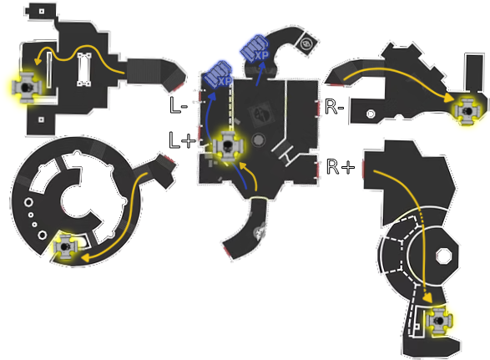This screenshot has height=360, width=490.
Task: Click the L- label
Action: (179, 105)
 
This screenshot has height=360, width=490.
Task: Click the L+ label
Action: (182, 140)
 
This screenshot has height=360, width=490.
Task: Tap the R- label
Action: (335, 107)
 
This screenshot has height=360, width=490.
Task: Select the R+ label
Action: (341, 166)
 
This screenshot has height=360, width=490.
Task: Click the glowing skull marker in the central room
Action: (228, 146)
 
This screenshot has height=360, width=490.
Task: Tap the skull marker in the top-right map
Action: (467, 111)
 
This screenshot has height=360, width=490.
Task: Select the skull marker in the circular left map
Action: (65, 246)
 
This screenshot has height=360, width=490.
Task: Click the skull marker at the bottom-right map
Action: (439, 321)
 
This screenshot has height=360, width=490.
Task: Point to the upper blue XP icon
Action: (255, 48)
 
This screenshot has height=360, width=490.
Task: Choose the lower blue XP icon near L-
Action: (218, 75)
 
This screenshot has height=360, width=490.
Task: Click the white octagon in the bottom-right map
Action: (444, 256)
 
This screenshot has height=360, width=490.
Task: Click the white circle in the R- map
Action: (371, 114)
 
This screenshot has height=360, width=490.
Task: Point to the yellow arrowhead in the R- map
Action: (449, 97)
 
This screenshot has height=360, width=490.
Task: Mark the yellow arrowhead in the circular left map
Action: (86, 258)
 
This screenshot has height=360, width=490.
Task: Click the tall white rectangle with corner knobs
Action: (84, 69)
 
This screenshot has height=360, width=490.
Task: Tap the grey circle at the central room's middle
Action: (259, 139)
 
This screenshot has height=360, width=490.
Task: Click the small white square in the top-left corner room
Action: (42, 12)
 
